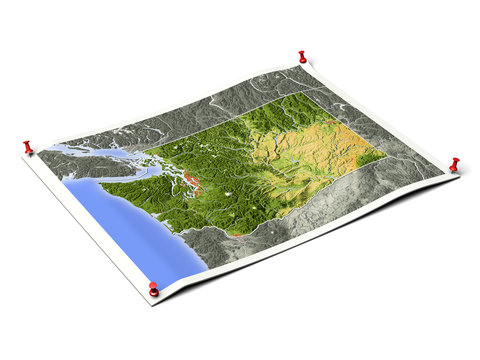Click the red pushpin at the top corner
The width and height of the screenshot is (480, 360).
[x=301, y=57]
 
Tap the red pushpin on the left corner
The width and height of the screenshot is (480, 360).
[x=28, y=148]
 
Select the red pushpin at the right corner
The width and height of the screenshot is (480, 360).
[x=454, y=164]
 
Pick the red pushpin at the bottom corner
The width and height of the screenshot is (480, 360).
[x=153, y=289]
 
